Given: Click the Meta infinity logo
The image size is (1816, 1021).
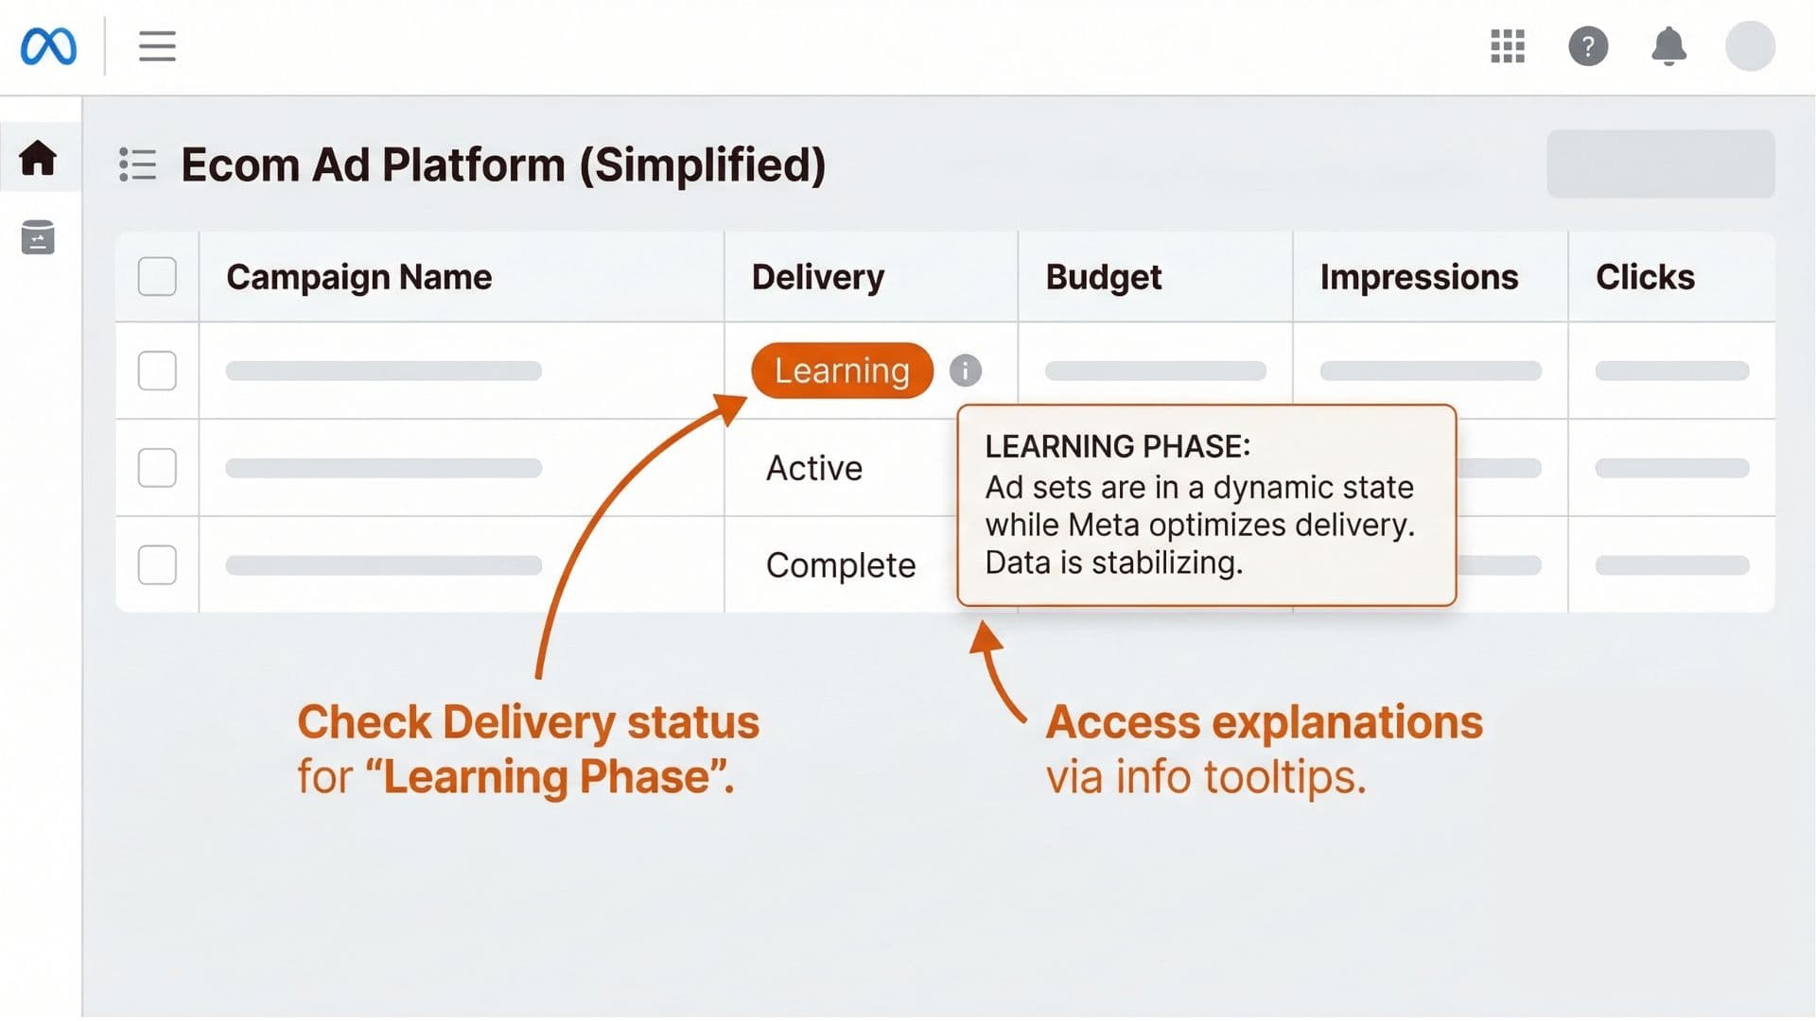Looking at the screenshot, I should [48, 46].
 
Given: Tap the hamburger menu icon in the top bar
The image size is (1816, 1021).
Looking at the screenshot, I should [157, 46].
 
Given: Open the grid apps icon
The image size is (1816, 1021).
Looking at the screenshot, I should [1507, 46].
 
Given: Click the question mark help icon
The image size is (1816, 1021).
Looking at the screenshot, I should [1588, 46].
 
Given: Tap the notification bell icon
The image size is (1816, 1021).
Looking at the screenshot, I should [1668, 46].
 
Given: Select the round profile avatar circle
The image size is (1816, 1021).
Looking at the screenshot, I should [1750, 46].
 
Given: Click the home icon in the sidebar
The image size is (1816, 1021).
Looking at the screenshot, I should [38, 158].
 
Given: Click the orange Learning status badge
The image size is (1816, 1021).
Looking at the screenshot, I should [841, 371].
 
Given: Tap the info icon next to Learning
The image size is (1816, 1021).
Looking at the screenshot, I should [965, 371].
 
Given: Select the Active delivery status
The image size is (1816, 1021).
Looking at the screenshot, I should [813, 468].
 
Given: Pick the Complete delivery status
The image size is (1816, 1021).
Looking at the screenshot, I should [840, 565].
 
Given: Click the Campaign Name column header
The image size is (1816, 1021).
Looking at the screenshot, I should [358, 277].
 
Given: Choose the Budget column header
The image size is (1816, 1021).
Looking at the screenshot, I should [1103, 277].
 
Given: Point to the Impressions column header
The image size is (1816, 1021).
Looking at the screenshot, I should [1418, 277].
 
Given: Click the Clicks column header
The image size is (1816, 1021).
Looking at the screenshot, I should [1644, 277].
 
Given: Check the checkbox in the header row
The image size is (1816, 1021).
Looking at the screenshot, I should [157, 277].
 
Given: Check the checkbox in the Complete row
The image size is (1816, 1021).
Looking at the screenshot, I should [157, 565].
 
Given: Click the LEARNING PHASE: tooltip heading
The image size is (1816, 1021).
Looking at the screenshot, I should [1117, 446].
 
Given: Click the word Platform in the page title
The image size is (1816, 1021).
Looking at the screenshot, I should [473, 165].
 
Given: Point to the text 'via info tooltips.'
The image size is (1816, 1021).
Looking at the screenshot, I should [1205, 777].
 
